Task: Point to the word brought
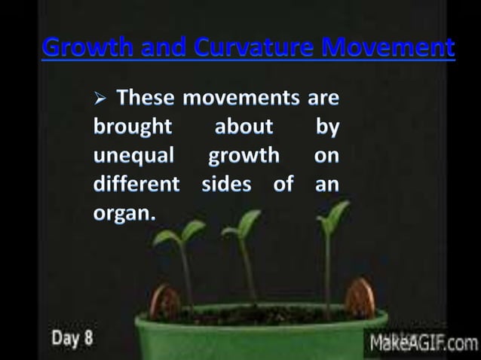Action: click(x=132, y=127)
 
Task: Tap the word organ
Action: click(x=124, y=212)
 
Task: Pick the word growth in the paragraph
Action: click(x=243, y=156)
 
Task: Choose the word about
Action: click(x=244, y=127)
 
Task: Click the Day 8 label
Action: click(x=72, y=336)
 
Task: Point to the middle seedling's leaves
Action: click(x=243, y=222)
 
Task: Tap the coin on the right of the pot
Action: click(x=360, y=297)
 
